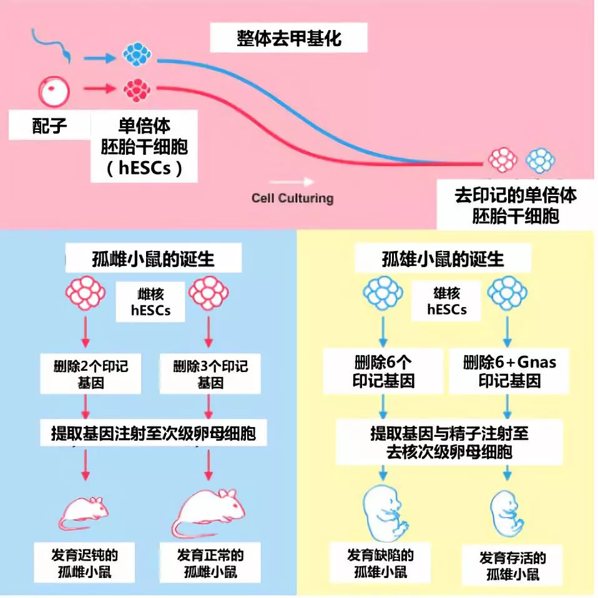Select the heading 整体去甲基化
click(x=289, y=37)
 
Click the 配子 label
click(x=49, y=125)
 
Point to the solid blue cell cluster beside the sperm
click(x=137, y=54)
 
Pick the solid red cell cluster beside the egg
click(x=137, y=91)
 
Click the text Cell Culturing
click(x=293, y=199)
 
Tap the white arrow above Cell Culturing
click(x=292, y=182)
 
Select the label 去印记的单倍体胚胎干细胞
click(x=515, y=205)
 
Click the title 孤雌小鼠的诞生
click(x=153, y=259)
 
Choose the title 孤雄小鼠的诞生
click(x=443, y=259)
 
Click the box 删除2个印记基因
click(x=91, y=374)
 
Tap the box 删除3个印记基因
click(x=210, y=374)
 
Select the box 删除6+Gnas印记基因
click(x=509, y=371)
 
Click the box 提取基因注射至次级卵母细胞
click(x=154, y=433)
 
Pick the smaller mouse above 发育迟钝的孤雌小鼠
click(x=84, y=513)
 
